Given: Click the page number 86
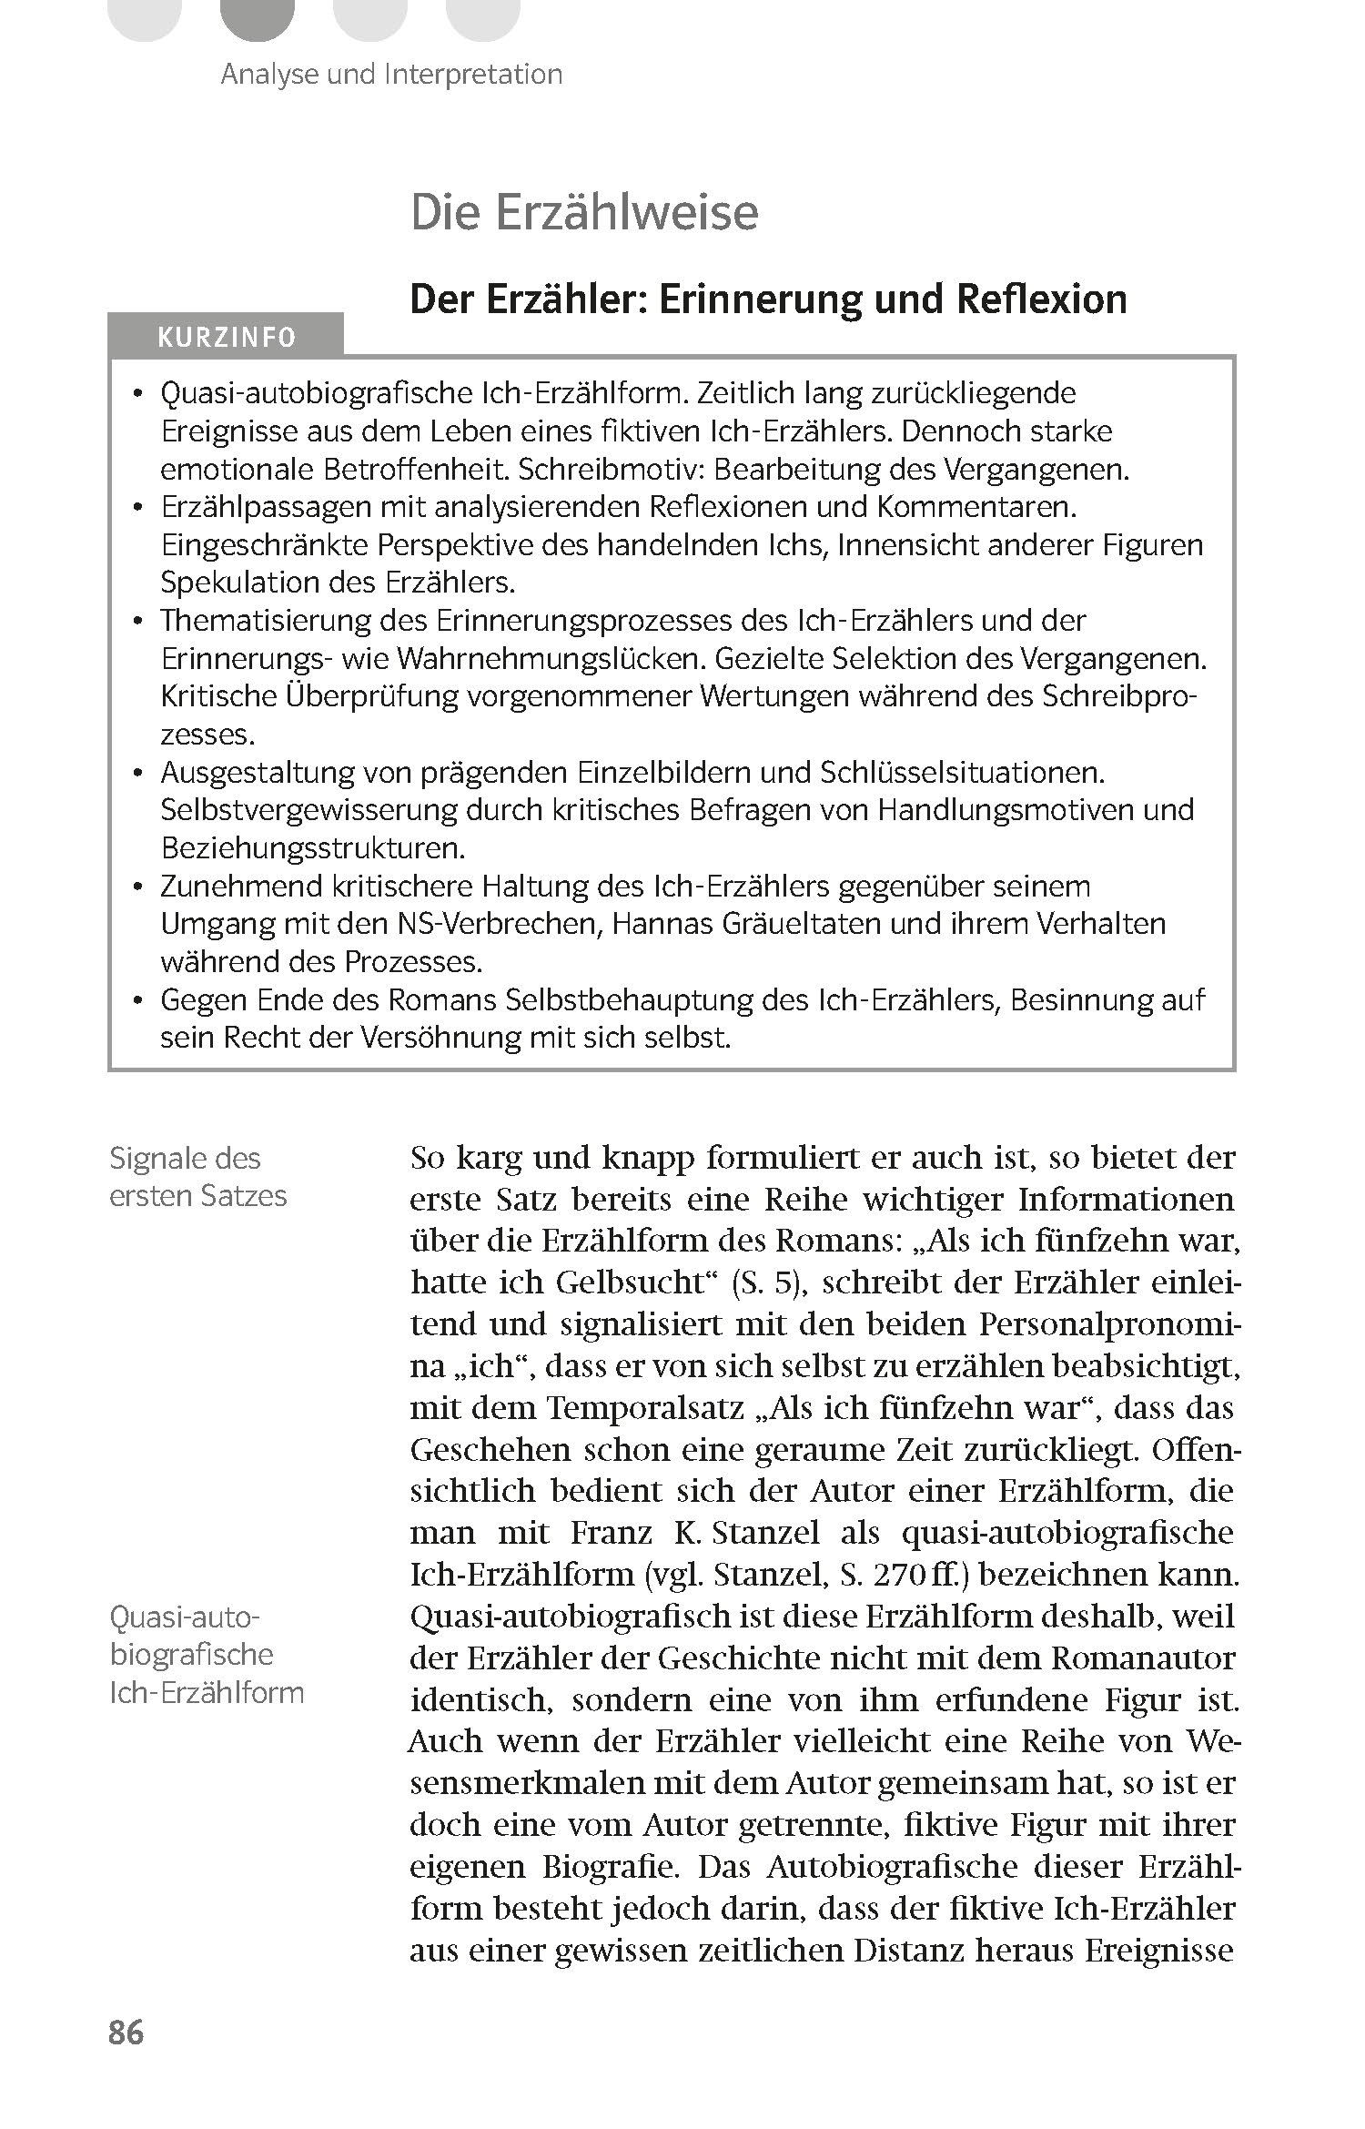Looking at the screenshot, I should coord(126,2032).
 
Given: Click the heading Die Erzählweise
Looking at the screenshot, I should coord(584,213).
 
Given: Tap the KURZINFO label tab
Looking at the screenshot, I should coord(226,337).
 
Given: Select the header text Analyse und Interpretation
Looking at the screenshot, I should coord(391,74).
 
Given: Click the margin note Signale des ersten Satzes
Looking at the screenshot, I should coord(197,1177).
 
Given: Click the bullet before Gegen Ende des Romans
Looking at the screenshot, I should coord(137,1001).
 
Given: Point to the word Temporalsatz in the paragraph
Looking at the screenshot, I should coord(643,1408).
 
